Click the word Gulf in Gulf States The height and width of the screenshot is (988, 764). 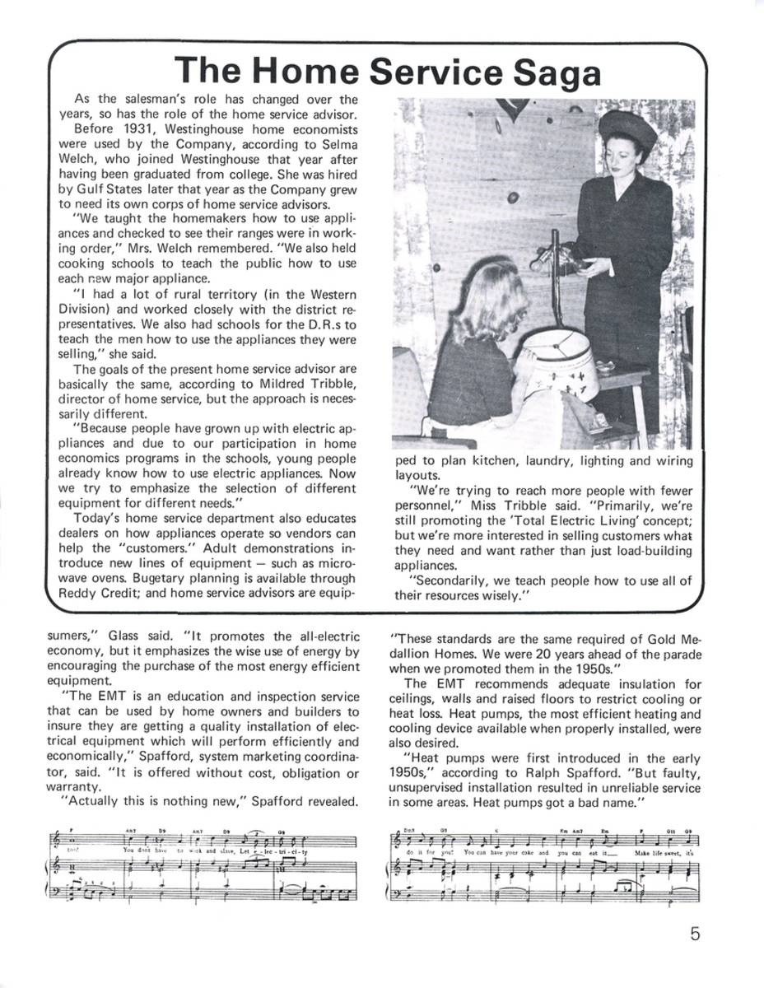point(91,190)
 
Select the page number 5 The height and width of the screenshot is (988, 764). point(696,934)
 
